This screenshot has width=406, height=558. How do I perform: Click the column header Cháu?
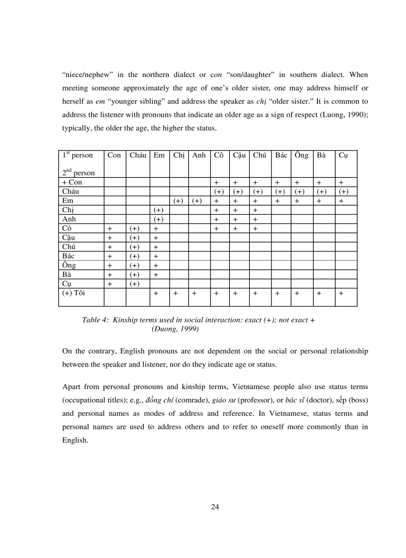pyautogui.click(x=138, y=156)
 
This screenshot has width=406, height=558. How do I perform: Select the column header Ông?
pyautogui.click(x=301, y=156)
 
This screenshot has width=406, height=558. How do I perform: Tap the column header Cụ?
pyautogui.click(x=343, y=156)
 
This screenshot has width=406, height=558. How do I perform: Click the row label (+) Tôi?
pyautogui.click(x=74, y=293)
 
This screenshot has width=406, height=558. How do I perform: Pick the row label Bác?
pyautogui.click(x=68, y=256)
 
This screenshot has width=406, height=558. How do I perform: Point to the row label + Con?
pyautogui.click(x=72, y=182)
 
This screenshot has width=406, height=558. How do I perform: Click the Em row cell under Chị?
pyautogui.click(x=179, y=201)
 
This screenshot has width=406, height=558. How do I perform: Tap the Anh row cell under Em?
pyautogui.click(x=159, y=220)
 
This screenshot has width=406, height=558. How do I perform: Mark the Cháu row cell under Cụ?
pyautogui.click(x=343, y=192)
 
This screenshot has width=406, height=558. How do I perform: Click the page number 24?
pyautogui.click(x=215, y=507)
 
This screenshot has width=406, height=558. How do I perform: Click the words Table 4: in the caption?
pyautogui.click(x=95, y=320)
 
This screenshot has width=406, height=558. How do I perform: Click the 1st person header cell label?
pyautogui.click(x=78, y=156)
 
